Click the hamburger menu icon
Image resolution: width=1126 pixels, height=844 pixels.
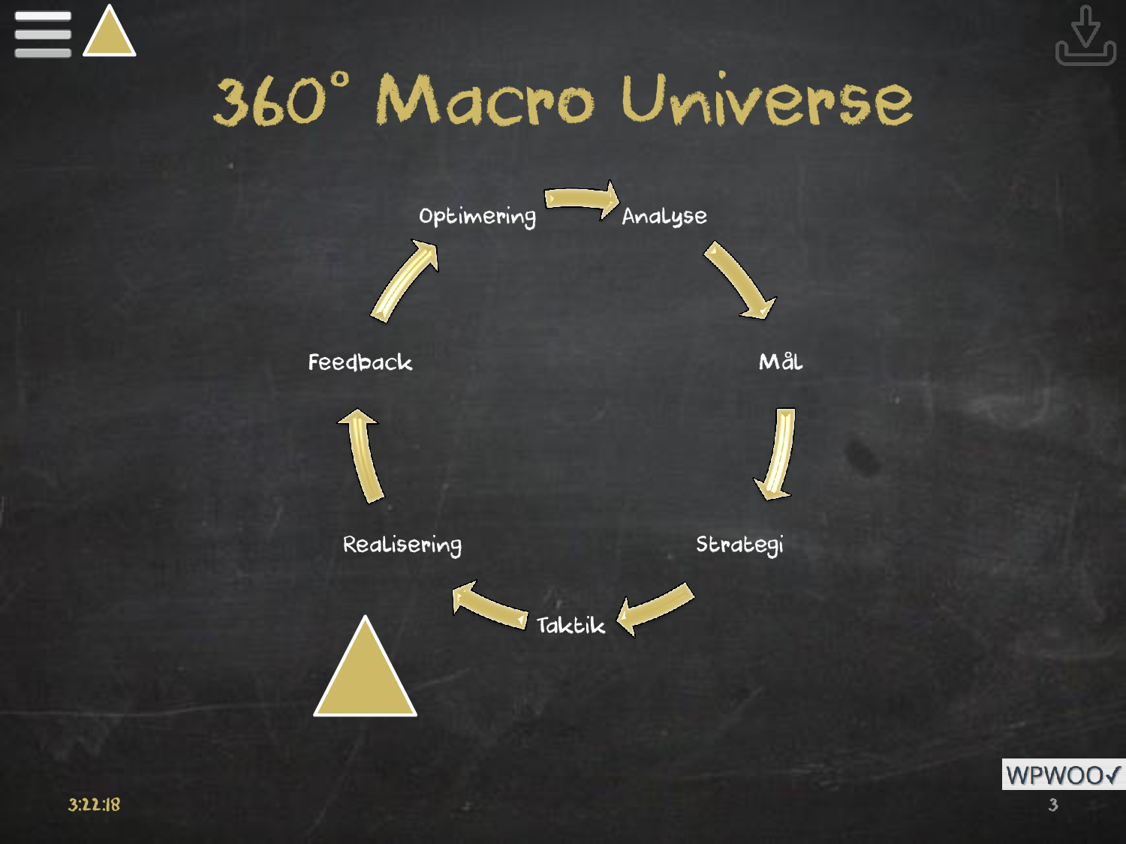click(43, 34)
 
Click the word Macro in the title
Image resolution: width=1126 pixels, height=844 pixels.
click(484, 101)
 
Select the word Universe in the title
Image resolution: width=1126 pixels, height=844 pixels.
click(766, 101)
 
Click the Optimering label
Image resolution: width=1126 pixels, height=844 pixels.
click(477, 217)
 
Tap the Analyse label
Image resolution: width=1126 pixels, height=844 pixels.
click(664, 217)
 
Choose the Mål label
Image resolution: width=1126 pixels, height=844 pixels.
click(781, 362)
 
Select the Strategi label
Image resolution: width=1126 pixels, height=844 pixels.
click(739, 545)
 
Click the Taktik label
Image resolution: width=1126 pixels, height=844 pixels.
click(571, 625)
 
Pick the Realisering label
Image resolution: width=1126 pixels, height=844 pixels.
click(402, 545)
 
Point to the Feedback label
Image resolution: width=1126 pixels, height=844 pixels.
click(360, 362)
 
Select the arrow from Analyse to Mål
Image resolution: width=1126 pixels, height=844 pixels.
click(739, 280)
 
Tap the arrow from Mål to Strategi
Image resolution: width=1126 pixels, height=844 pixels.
click(778, 454)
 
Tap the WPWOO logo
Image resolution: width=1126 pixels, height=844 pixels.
click(1063, 774)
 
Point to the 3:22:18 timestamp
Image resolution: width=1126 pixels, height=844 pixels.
click(94, 805)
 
